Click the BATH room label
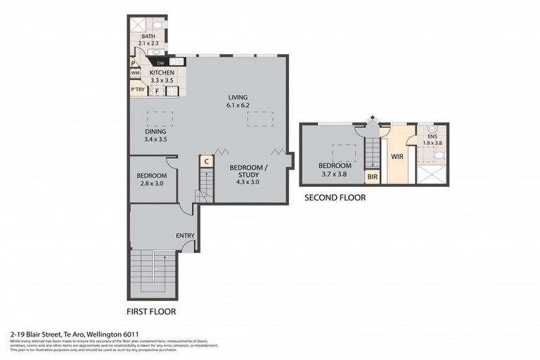[148, 37]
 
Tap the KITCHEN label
[162, 72]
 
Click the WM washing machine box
[134, 73]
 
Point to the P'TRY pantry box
[137, 89]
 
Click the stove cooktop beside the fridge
[170, 90]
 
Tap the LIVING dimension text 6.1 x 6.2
[238, 105]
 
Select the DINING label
[155, 131]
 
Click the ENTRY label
[185, 236]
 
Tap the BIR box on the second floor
[372, 177]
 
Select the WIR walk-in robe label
[397, 156]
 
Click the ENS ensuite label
[431, 136]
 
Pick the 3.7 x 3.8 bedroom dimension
[335, 173]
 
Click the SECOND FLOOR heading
[335, 198]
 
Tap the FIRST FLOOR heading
[150, 311]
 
